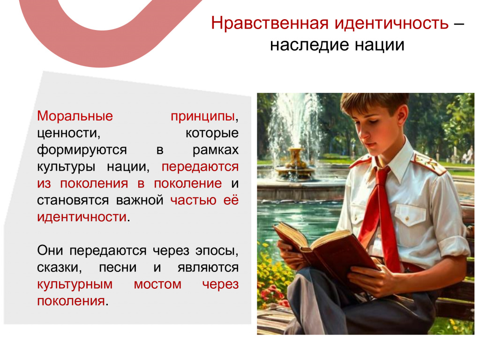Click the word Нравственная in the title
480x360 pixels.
click(270, 23)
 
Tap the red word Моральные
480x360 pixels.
click(75, 116)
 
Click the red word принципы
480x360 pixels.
click(202, 117)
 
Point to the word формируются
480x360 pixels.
click(82, 150)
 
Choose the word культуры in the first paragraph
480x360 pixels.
click(66, 167)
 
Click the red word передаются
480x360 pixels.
click(200, 167)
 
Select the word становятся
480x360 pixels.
click(73, 201)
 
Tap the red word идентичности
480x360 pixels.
click(82, 217)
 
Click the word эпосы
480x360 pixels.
click(217, 251)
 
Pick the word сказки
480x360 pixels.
click(60, 268)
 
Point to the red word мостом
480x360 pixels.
click(157, 285)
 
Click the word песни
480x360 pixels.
click(118, 268)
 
